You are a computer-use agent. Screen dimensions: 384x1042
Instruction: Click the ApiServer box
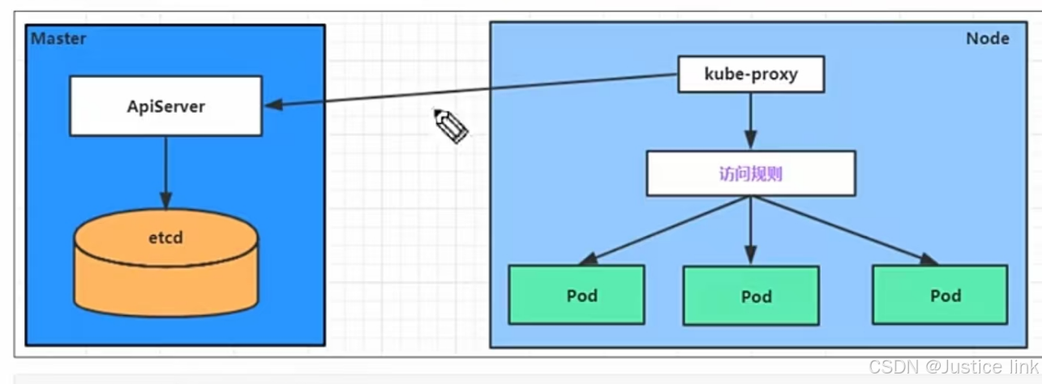pos(165,105)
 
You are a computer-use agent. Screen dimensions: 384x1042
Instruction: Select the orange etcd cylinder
pos(165,267)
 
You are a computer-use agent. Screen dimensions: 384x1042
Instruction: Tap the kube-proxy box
pos(750,75)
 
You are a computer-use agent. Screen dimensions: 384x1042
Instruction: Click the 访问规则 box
pos(750,174)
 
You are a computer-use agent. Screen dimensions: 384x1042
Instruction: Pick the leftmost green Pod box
pos(577,295)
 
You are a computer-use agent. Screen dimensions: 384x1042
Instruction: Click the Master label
pos(58,39)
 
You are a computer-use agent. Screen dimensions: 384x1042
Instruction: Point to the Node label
pos(987,39)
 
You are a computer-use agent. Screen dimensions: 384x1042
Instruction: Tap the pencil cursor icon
pos(450,126)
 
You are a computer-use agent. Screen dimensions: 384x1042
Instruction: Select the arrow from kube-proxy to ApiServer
pos(470,91)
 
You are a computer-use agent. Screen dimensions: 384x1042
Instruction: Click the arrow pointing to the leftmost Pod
pos(665,230)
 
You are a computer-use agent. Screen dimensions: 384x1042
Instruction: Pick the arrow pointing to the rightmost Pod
pos(843,230)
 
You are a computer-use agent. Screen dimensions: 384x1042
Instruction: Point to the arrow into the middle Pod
pos(750,230)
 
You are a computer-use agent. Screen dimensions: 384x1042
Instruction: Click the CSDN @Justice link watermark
pos(953,367)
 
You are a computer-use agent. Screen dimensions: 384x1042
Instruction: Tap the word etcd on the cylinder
pos(165,239)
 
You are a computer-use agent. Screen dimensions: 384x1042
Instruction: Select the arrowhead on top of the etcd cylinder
pos(165,203)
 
